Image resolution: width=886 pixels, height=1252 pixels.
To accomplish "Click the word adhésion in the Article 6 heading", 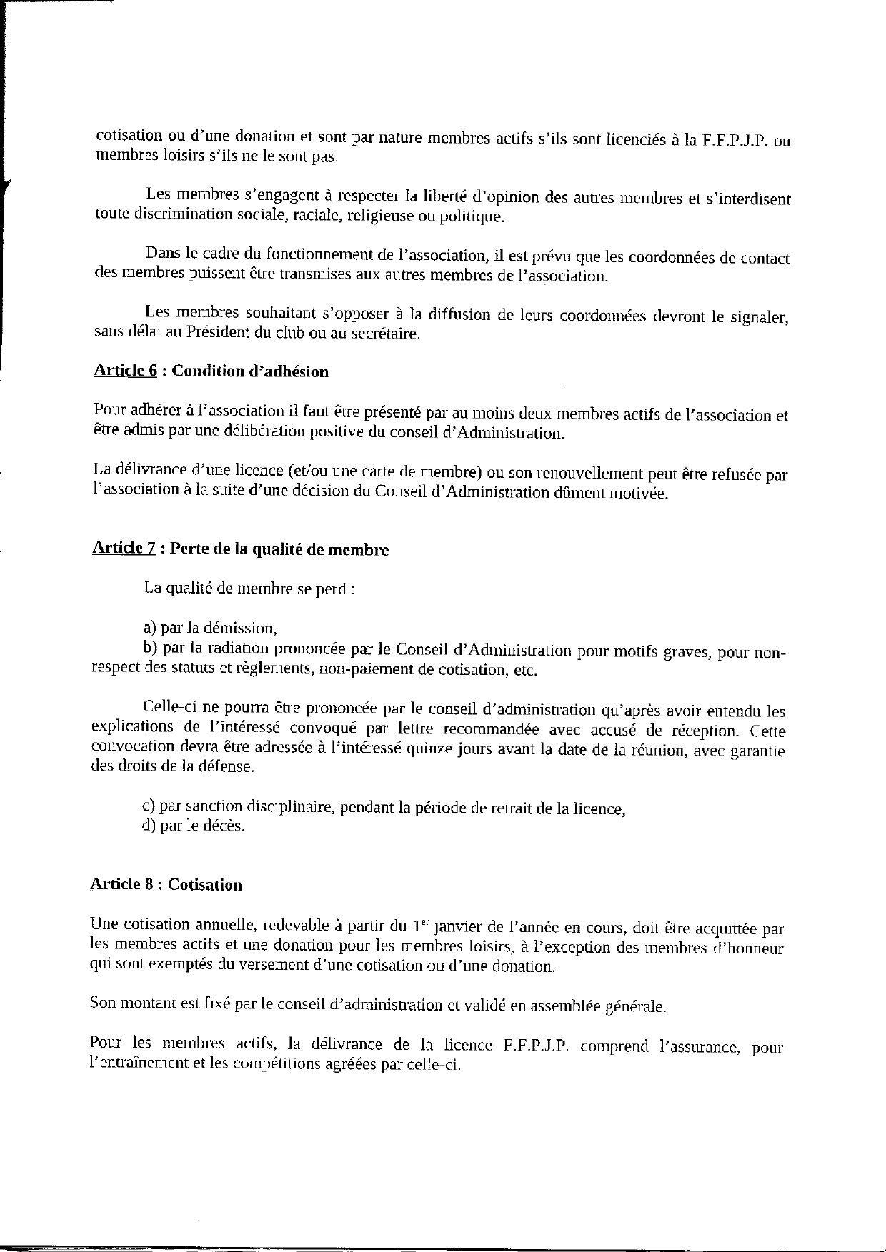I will pos(296,371).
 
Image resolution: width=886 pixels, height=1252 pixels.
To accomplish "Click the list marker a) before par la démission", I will pos(149,628).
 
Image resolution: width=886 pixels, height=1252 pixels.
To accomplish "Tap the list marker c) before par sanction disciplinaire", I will pos(149,808).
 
